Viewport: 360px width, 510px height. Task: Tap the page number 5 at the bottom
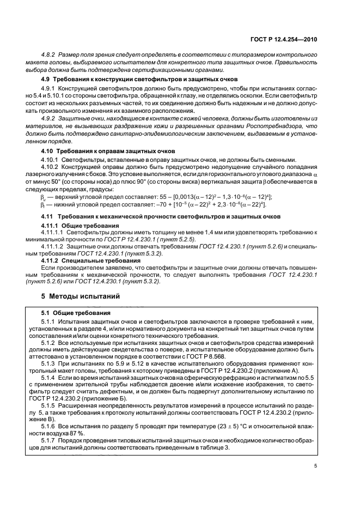pyautogui.click(x=315, y=465)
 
